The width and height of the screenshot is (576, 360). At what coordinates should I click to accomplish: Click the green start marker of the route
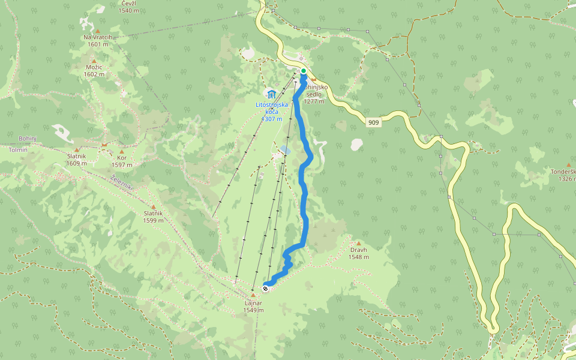[x=304, y=71]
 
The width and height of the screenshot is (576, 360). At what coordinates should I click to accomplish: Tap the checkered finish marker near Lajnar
[x=266, y=288]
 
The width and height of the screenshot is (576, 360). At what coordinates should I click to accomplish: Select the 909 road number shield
[x=374, y=122]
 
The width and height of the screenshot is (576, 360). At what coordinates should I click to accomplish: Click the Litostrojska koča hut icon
[x=271, y=94]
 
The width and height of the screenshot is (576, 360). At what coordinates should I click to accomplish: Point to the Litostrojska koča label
[x=272, y=112]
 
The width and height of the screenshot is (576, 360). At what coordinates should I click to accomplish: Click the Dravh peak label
[x=359, y=253]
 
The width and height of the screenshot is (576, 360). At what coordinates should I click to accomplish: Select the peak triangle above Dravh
[x=359, y=243]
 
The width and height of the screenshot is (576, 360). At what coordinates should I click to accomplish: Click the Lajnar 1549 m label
[x=254, y=307]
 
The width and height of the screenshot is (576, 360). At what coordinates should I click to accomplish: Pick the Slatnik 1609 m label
[x=77, y=160]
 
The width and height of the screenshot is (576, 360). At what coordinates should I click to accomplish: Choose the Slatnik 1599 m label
[x=154, y=217]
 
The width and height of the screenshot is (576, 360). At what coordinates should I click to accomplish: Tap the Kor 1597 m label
[x=122, y=161]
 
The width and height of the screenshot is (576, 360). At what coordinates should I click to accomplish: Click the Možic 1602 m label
[x=95, y=71]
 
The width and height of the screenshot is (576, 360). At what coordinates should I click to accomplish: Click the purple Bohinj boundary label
[x=28, y=139]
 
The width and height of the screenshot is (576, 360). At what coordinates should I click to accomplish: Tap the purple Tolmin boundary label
[x=18, y=150]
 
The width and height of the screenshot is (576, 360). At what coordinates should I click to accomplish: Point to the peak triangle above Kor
[x=122, y=152]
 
